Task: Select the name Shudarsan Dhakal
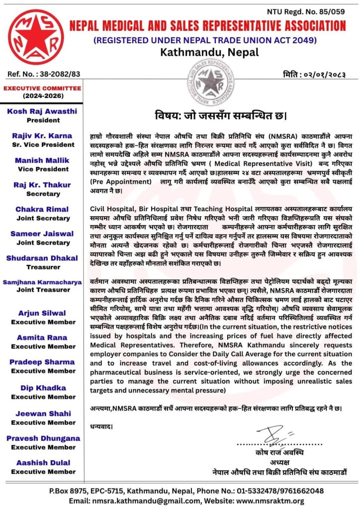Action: [x=42, y=258]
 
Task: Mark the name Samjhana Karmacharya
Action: [x=42, y=282]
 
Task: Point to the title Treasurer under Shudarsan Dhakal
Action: [x=43, y=266]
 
